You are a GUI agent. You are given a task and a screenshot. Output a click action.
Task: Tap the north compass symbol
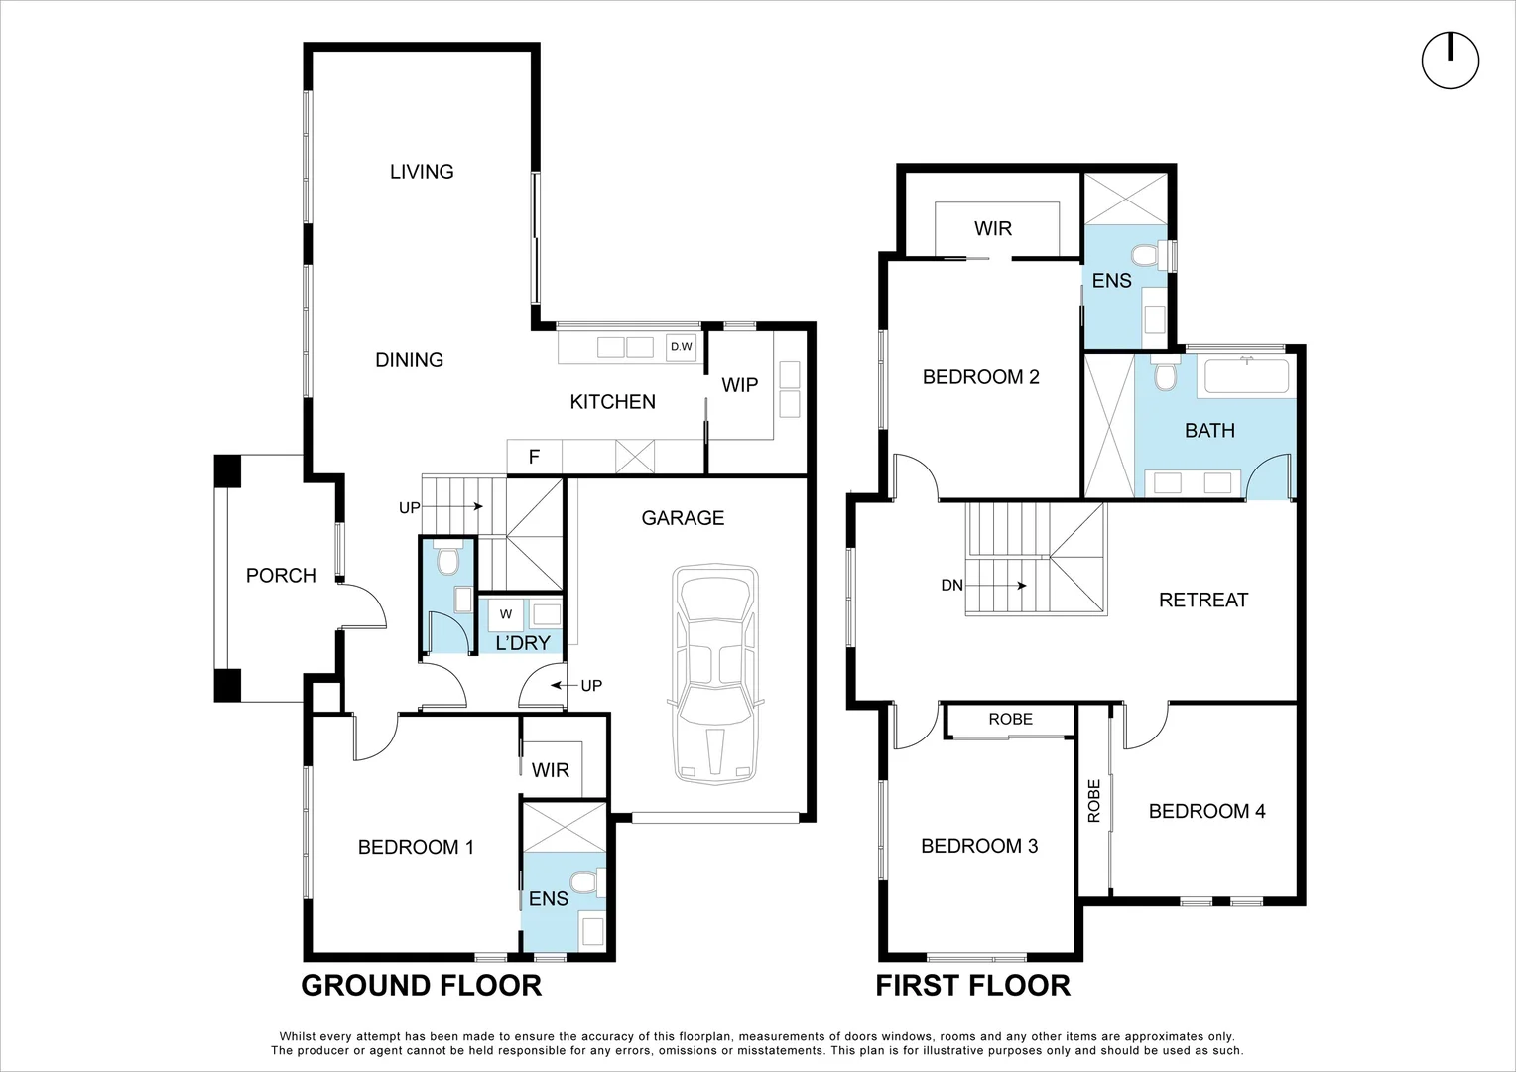[1450, 62]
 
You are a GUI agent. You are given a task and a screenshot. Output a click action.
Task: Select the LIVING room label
[422, 172]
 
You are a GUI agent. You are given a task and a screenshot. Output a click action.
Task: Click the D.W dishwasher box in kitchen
[682, 347]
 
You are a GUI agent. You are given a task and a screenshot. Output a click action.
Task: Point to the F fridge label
[534, 457]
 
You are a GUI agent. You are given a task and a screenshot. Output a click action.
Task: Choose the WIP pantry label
[739, 385]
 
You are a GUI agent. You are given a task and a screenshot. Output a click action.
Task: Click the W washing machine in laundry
[506, 614]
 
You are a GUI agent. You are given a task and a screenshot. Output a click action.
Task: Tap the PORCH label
[281, 576]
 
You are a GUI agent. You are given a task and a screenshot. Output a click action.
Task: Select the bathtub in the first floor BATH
[1246, 377]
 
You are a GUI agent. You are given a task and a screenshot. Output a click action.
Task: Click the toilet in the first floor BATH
[1165, 375]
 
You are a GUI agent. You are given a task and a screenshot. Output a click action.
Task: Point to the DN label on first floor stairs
[951, 586]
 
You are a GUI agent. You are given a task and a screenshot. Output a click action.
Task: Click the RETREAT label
[1202, 600]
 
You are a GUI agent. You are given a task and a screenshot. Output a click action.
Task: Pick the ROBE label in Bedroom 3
[1010, 719]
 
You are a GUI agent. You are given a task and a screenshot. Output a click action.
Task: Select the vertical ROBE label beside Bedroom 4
[1094, 801]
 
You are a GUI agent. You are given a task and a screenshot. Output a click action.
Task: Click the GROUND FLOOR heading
[421, 985]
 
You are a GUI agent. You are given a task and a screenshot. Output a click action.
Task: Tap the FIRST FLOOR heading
[972, 985]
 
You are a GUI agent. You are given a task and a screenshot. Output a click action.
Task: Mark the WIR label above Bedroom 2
[992, 229]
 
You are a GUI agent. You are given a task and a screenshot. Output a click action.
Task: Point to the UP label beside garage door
[591, 686]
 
